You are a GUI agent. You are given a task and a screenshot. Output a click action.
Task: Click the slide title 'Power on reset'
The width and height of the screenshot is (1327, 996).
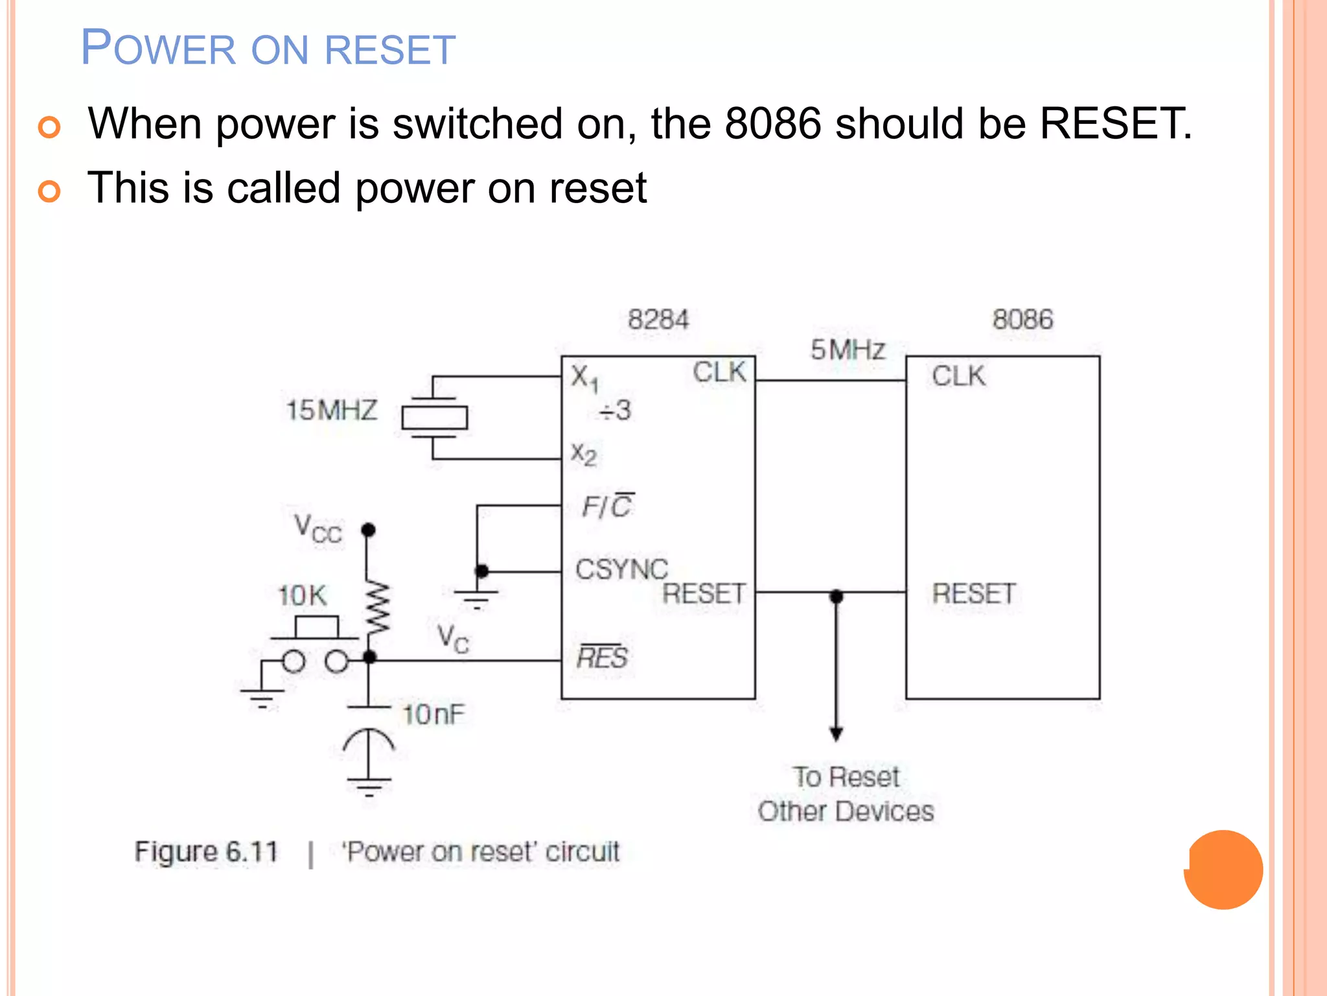(268, 49)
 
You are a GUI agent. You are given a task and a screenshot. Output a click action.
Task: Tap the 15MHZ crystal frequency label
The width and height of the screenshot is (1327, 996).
(331, 410)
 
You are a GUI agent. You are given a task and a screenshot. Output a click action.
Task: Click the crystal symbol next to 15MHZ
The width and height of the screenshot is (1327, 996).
(434, 417)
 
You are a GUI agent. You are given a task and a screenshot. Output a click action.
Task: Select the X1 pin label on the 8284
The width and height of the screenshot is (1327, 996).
(584, 377)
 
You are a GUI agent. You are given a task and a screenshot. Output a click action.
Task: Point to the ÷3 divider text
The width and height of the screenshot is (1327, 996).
(615, 410)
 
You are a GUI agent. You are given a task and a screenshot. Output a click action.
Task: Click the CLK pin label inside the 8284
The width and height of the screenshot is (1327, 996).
(719, 373)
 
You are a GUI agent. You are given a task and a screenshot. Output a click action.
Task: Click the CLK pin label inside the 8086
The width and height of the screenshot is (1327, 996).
(958, 376)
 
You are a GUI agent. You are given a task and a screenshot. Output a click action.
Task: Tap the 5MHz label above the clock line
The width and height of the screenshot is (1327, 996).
(848, 350)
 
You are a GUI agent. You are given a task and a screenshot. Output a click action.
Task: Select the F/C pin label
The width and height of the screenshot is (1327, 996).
(608, 506)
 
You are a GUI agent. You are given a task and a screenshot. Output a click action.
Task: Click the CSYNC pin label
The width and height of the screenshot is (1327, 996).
(621, 569)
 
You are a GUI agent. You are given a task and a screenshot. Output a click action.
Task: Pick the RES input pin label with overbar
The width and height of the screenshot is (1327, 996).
(602, 657)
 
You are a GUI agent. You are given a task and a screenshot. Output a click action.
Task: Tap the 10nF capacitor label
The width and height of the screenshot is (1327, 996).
(433, 715)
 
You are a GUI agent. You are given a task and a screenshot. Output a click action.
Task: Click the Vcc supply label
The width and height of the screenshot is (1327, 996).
(317, 528)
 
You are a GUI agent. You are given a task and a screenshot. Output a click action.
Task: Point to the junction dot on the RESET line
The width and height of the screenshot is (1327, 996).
(837, 595)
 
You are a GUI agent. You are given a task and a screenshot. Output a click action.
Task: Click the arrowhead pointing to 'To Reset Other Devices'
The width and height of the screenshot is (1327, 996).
(837, 734)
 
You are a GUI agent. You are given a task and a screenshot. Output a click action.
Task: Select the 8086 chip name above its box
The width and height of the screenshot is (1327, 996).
(1022, 320)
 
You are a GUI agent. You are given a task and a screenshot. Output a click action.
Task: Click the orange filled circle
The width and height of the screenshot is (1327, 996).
(1223, 870)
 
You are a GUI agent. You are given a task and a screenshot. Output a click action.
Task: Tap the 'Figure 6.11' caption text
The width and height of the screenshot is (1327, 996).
(206, 851)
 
